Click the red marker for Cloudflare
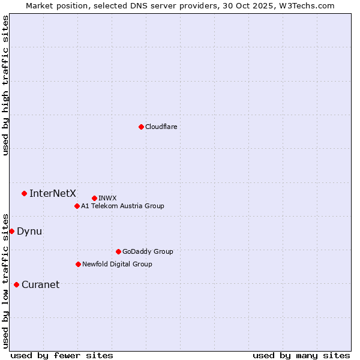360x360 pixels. tap(141, 127)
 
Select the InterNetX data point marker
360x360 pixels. tap(24, 193)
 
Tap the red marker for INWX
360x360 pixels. tap(94, 198)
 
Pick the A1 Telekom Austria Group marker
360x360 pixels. tap(77, 206)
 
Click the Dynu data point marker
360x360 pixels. tap(11, 231)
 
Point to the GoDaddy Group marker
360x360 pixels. tap(118, 251)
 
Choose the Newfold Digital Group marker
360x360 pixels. tap(78, 264)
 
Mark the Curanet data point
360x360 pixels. tap(16, 284)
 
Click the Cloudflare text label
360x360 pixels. tap(161, 127)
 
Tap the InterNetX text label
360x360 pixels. tap(53, 193)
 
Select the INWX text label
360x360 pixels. tap(107, 198)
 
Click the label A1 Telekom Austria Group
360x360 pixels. tap(122, 206)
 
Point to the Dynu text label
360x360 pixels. tap(29, 231)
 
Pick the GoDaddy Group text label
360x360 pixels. tap(148, 251)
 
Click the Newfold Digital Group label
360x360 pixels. tap(117, 264)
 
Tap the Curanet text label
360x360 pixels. tap(40, 284)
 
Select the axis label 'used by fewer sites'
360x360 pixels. tap(62, 355)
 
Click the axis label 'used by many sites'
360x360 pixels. tap(301, 355)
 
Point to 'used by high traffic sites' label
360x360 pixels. tap(5, 85)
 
